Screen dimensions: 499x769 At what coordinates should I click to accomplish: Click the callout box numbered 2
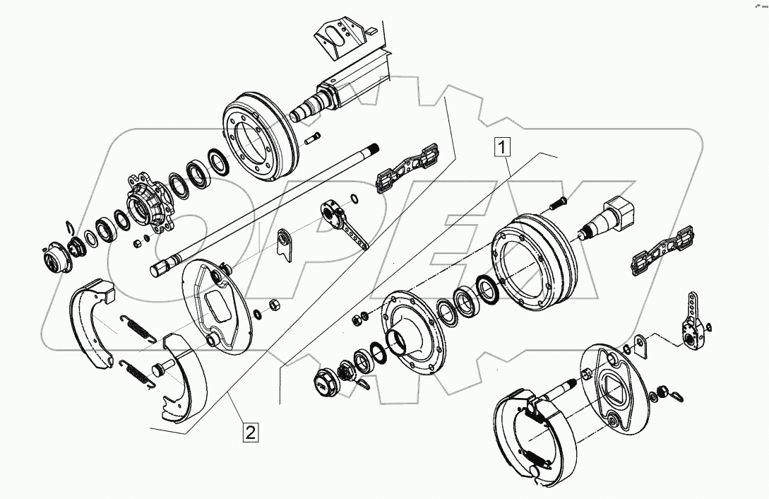pyautogui.click(x=249, y=430)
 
